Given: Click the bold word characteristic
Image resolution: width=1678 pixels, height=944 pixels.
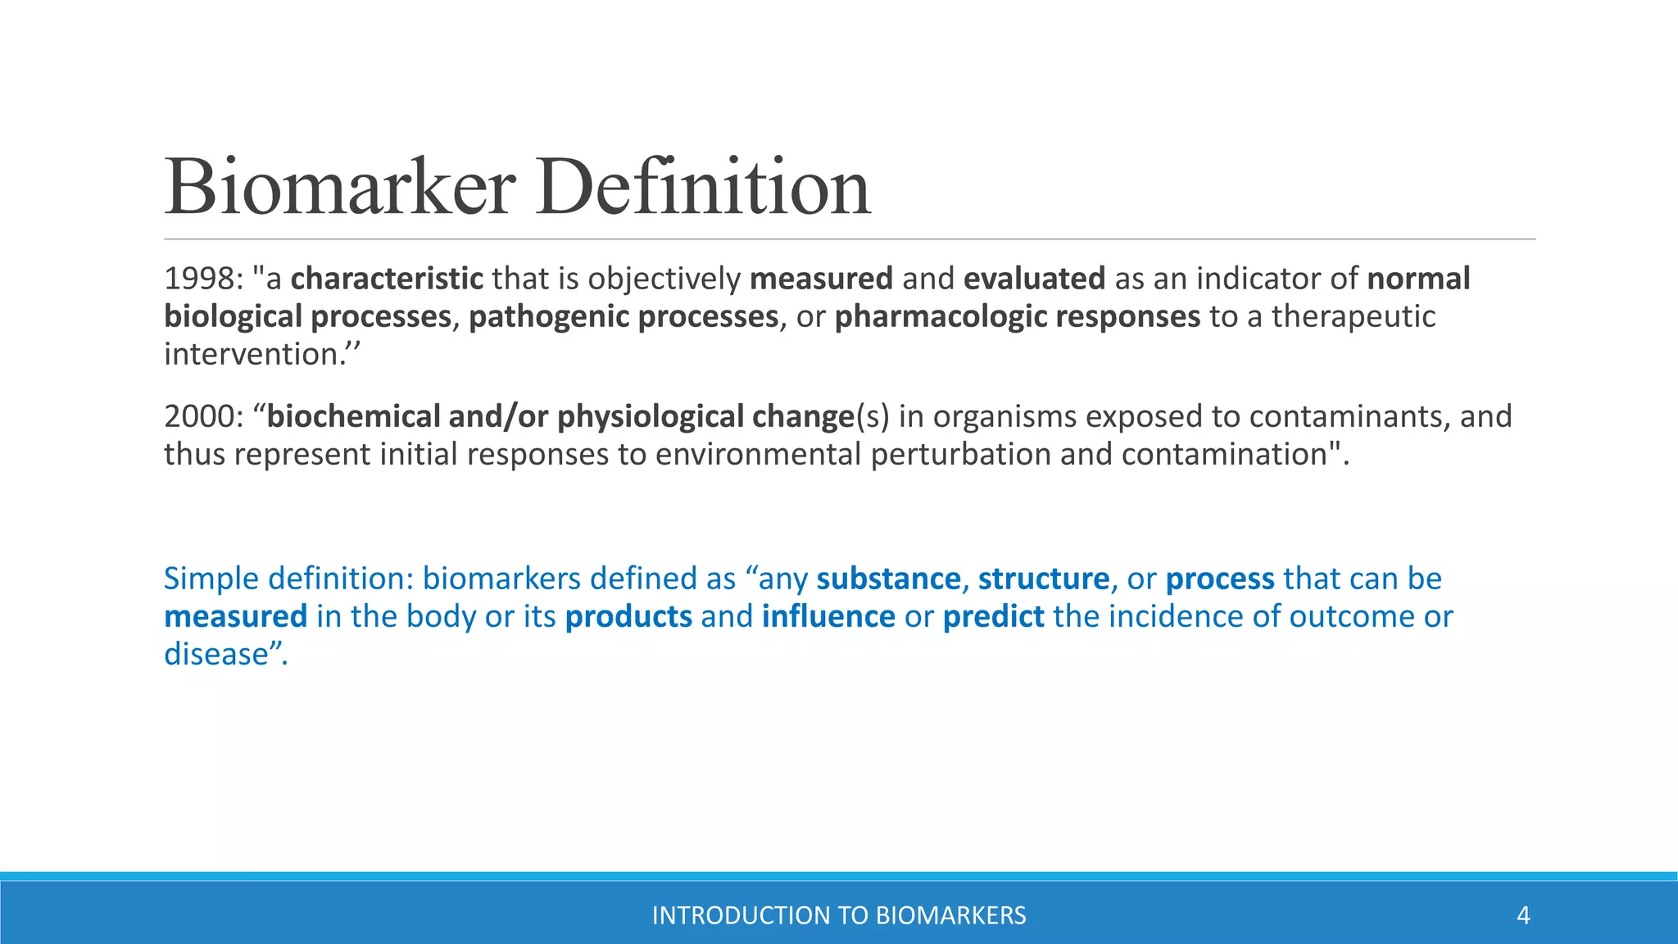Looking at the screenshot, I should pos(387,279).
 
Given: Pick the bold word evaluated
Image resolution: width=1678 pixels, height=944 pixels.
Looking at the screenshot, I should pos(1034,279).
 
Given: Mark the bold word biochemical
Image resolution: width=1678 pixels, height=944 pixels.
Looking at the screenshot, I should pos(353,417).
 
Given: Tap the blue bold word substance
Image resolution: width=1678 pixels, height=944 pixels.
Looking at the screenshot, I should pos(888,579).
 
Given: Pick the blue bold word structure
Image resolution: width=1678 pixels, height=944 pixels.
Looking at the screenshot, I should pos(1043,579).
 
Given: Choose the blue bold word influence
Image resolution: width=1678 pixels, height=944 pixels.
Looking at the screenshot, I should pos(828,617).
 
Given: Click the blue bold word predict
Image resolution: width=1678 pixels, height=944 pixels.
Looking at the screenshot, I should pos(993,617).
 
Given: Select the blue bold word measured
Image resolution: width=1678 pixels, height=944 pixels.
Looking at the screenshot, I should pos(235,617).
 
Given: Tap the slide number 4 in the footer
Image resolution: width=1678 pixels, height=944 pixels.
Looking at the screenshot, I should pos(1523,915).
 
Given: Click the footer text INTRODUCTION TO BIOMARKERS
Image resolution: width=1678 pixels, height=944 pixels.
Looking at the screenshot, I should pos(839,915).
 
